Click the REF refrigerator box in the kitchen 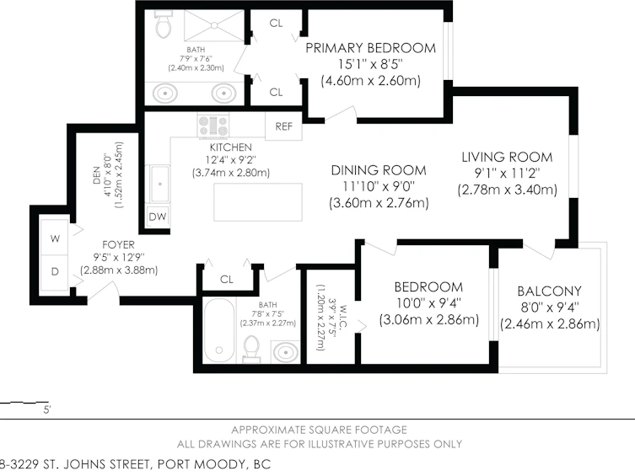(283, 126)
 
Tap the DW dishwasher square (158, 217)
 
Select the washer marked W (55, 238)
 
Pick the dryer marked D (55, 272)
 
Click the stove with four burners (213, 126)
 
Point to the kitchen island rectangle (258, 202)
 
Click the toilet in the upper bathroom (164, 24)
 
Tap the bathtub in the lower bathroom (219, 331)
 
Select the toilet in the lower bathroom (252, 349)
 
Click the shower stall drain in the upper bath (214, 25)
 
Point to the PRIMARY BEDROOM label (370, 48)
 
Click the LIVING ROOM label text (507, 157)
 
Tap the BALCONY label (550, 291)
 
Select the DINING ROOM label (379, 170)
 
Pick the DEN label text (97, 175)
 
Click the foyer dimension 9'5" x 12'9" (119, 257)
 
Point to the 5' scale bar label (47, 410)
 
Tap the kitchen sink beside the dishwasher (160, 184)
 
